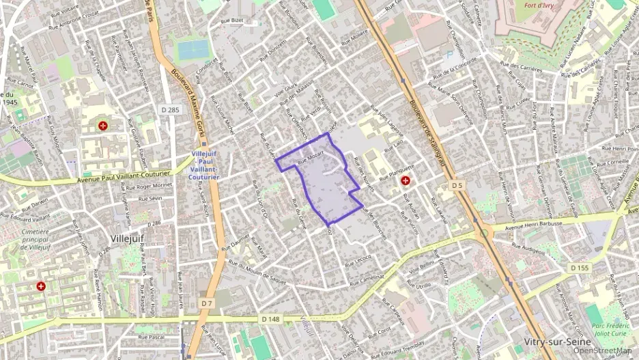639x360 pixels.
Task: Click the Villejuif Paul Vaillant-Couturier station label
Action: (205, 165)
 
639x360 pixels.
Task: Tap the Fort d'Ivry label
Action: (539, 7)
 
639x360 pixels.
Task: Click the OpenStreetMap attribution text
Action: (602, 350)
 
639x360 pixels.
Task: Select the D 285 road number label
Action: (171, 109)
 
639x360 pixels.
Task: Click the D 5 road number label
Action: (457, 185)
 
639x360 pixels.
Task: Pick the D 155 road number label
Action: (578, 268)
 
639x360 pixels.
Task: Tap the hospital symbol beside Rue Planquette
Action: (406, 181)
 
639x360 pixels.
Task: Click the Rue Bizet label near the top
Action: (232, 21)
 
